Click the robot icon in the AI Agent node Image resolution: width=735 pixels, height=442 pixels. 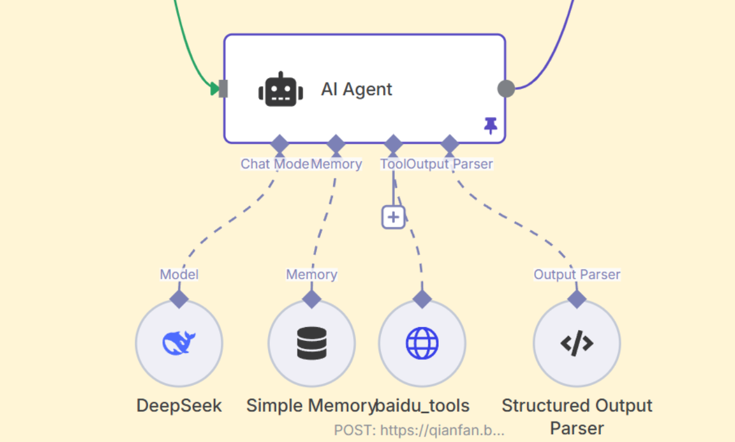tap(280, 90)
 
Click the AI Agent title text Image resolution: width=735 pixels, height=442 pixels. tap(356, 89)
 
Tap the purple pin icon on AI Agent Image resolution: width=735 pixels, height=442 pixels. tap(491, 125)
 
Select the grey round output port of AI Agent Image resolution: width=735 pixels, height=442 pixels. tap(506, 88)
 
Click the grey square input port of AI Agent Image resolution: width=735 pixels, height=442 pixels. tap(224, 88)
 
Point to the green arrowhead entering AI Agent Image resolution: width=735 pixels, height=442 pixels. tap(215, 89)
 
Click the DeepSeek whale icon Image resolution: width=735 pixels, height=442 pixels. tap(179, 343)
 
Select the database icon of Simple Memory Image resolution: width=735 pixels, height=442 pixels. tap(312, 343)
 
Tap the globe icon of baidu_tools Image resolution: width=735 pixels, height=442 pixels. tap(422, 343)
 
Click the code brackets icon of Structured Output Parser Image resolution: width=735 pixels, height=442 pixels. tap(577, 343)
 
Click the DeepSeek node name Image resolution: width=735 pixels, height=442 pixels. tap(179, 405)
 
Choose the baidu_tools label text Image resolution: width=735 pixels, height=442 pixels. tap(422, 405)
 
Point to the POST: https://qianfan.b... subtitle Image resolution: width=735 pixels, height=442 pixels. tap(419, 430)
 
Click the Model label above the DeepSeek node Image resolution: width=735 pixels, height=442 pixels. tap(179, 275)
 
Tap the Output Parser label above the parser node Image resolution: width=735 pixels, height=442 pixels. tap(577, 275)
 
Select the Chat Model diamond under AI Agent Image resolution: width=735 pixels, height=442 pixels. tap(279, 144)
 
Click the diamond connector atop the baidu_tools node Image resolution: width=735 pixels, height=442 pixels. tap(422, 299)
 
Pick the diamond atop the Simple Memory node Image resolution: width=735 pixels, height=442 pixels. tap(312, 299)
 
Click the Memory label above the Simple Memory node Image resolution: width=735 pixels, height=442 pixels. tap(311, 275)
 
